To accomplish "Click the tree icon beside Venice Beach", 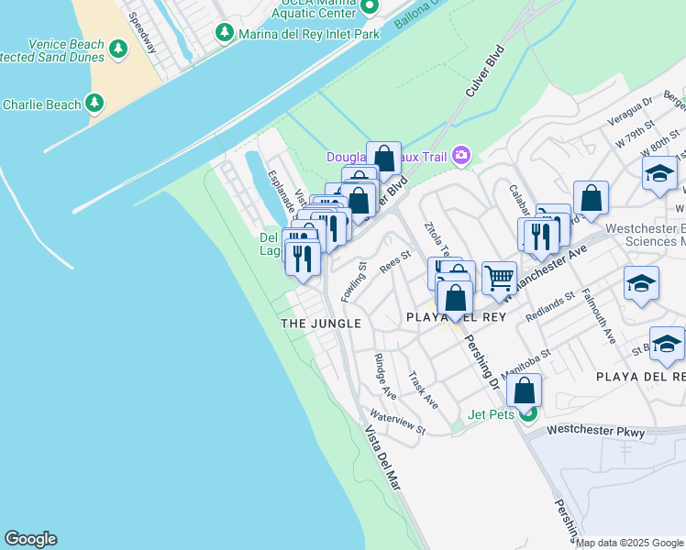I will point(117,49).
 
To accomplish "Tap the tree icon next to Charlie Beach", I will point(95,104).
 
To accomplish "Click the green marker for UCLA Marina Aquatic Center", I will point(369,6).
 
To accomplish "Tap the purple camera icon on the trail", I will point(461,156).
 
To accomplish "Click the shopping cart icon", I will point(499,276).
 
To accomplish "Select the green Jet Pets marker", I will point(527,414).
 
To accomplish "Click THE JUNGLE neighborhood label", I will point(320,324).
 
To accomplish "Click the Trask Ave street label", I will point(424,390).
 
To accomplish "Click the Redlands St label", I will point(550,305).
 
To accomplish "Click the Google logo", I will point(30,539).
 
